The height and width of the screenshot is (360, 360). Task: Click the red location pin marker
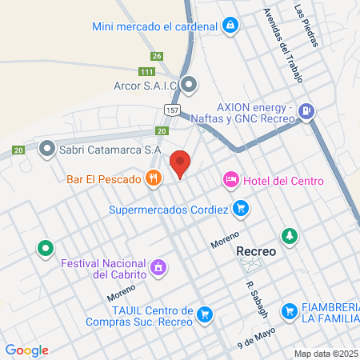tap(181, 163)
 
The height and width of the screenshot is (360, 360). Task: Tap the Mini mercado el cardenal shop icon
tap(230, 26)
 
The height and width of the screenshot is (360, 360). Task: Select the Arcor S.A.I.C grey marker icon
tap(189, 83)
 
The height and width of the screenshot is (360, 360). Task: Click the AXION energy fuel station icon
tap(305, 112)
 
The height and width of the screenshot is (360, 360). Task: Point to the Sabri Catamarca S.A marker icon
tap(47, 149)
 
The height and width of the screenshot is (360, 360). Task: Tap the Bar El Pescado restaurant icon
tap(151, 178)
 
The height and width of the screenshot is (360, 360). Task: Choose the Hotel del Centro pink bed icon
tap(230, 180)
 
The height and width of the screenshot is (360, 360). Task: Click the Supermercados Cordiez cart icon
tap(241, 210)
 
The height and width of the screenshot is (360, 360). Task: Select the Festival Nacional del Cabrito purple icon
tap(158, 266)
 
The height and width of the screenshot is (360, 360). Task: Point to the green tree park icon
tap(289, 238)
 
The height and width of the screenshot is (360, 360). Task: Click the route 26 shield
tap(157, 56)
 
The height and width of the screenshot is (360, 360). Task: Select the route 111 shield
tap(146, 72)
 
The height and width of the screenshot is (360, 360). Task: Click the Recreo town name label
tap(257, 251)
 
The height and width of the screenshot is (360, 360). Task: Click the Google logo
tap(27, 350)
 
